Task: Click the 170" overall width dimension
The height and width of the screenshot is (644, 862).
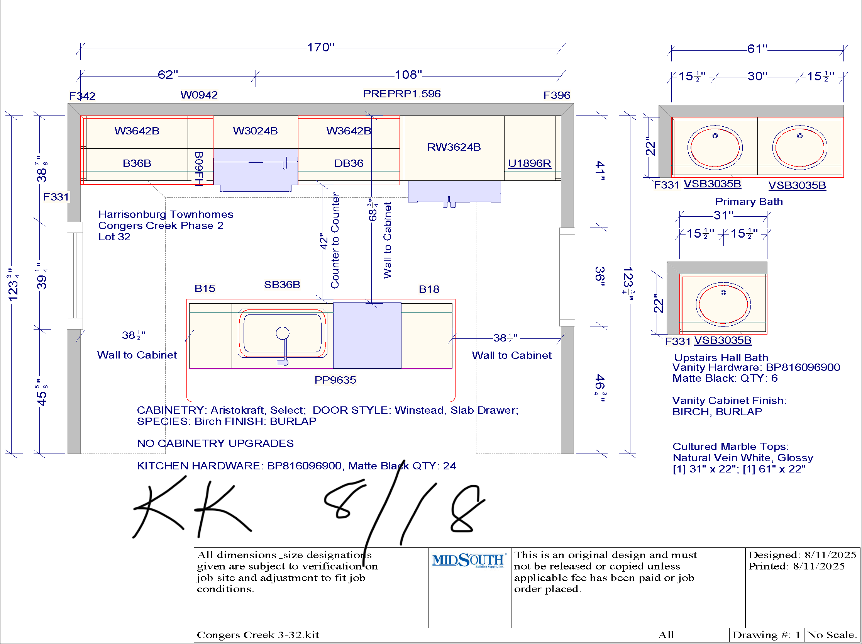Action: (320, 48)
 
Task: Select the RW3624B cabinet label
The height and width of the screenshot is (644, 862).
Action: (454, 147)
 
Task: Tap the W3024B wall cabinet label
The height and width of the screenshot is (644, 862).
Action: (255, 131)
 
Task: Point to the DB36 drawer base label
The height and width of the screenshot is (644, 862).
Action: (349, 163)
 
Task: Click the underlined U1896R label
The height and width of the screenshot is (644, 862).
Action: (529, 163)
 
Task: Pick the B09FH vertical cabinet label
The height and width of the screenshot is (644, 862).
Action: (199, 169)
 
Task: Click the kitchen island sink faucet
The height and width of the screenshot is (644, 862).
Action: (283, 345)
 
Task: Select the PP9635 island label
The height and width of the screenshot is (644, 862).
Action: (335, 380)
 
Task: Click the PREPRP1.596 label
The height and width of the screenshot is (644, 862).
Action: (401, 93)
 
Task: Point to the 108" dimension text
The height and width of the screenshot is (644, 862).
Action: (408, 75)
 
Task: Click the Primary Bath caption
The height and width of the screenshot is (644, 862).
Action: (749, 202)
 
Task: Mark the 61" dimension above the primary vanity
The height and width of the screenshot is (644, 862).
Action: (757, 49)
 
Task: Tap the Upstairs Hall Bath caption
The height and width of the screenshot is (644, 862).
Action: (721, 357)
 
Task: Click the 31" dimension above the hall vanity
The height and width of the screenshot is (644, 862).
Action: (723, 215)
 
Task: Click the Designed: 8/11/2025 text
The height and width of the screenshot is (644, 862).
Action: (802, 555)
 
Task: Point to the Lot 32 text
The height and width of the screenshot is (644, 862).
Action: (114, 237)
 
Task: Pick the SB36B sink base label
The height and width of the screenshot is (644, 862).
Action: (282, 285)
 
